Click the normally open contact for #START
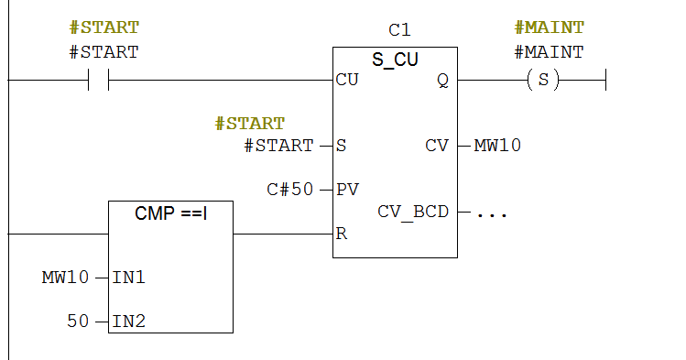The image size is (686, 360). coord(98,81)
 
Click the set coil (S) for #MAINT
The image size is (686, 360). coord(543,81)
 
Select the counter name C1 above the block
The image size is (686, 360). coord(399,30)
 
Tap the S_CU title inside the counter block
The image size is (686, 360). coord(395,60)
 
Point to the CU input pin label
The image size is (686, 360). coord(347,80)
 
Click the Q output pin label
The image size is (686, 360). coord(442,80)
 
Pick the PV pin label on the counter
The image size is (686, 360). coord(348,190)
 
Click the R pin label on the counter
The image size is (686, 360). coord(342,234)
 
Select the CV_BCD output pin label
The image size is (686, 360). coord(413,212)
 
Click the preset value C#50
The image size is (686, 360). coord(290,190)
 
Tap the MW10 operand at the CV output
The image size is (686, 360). coord(497,146)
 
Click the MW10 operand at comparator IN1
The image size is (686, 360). coord(66,277)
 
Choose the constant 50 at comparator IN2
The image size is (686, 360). coord(79,321)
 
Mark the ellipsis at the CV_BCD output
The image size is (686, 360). coord(492,213)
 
